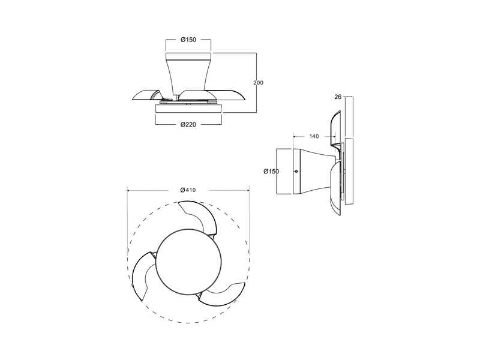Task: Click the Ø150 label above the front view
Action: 188,40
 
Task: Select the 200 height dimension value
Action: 259,82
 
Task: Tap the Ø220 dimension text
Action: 188,124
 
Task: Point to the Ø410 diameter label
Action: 188,190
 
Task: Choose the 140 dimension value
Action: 314,137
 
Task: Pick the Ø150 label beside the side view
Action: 271,172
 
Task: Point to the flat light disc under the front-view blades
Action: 188,109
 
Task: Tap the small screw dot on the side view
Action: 296,172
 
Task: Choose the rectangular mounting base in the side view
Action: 284,171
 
